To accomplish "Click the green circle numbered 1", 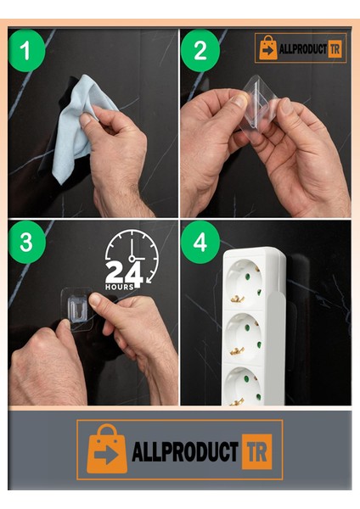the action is click(26, 50).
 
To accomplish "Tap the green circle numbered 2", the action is click(200, 50).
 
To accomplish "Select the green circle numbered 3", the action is click(26, 242).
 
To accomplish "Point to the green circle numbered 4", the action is click(200, 242).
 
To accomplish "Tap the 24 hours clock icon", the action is click(132, 259).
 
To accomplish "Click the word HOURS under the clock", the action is click(119, 287).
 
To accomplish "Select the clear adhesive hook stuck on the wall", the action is click(77, 309).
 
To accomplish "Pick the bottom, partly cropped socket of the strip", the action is click(244, 386).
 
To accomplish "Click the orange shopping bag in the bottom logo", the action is click(106, 450).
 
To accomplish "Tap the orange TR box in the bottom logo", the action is click(256, 451).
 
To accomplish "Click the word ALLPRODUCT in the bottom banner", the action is click(185, 451).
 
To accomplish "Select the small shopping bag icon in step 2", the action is click(268, 48).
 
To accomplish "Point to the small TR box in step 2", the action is click(335, 49).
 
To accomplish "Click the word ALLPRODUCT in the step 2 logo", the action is click(303, 49).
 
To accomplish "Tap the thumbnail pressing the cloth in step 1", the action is click(86, 118).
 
